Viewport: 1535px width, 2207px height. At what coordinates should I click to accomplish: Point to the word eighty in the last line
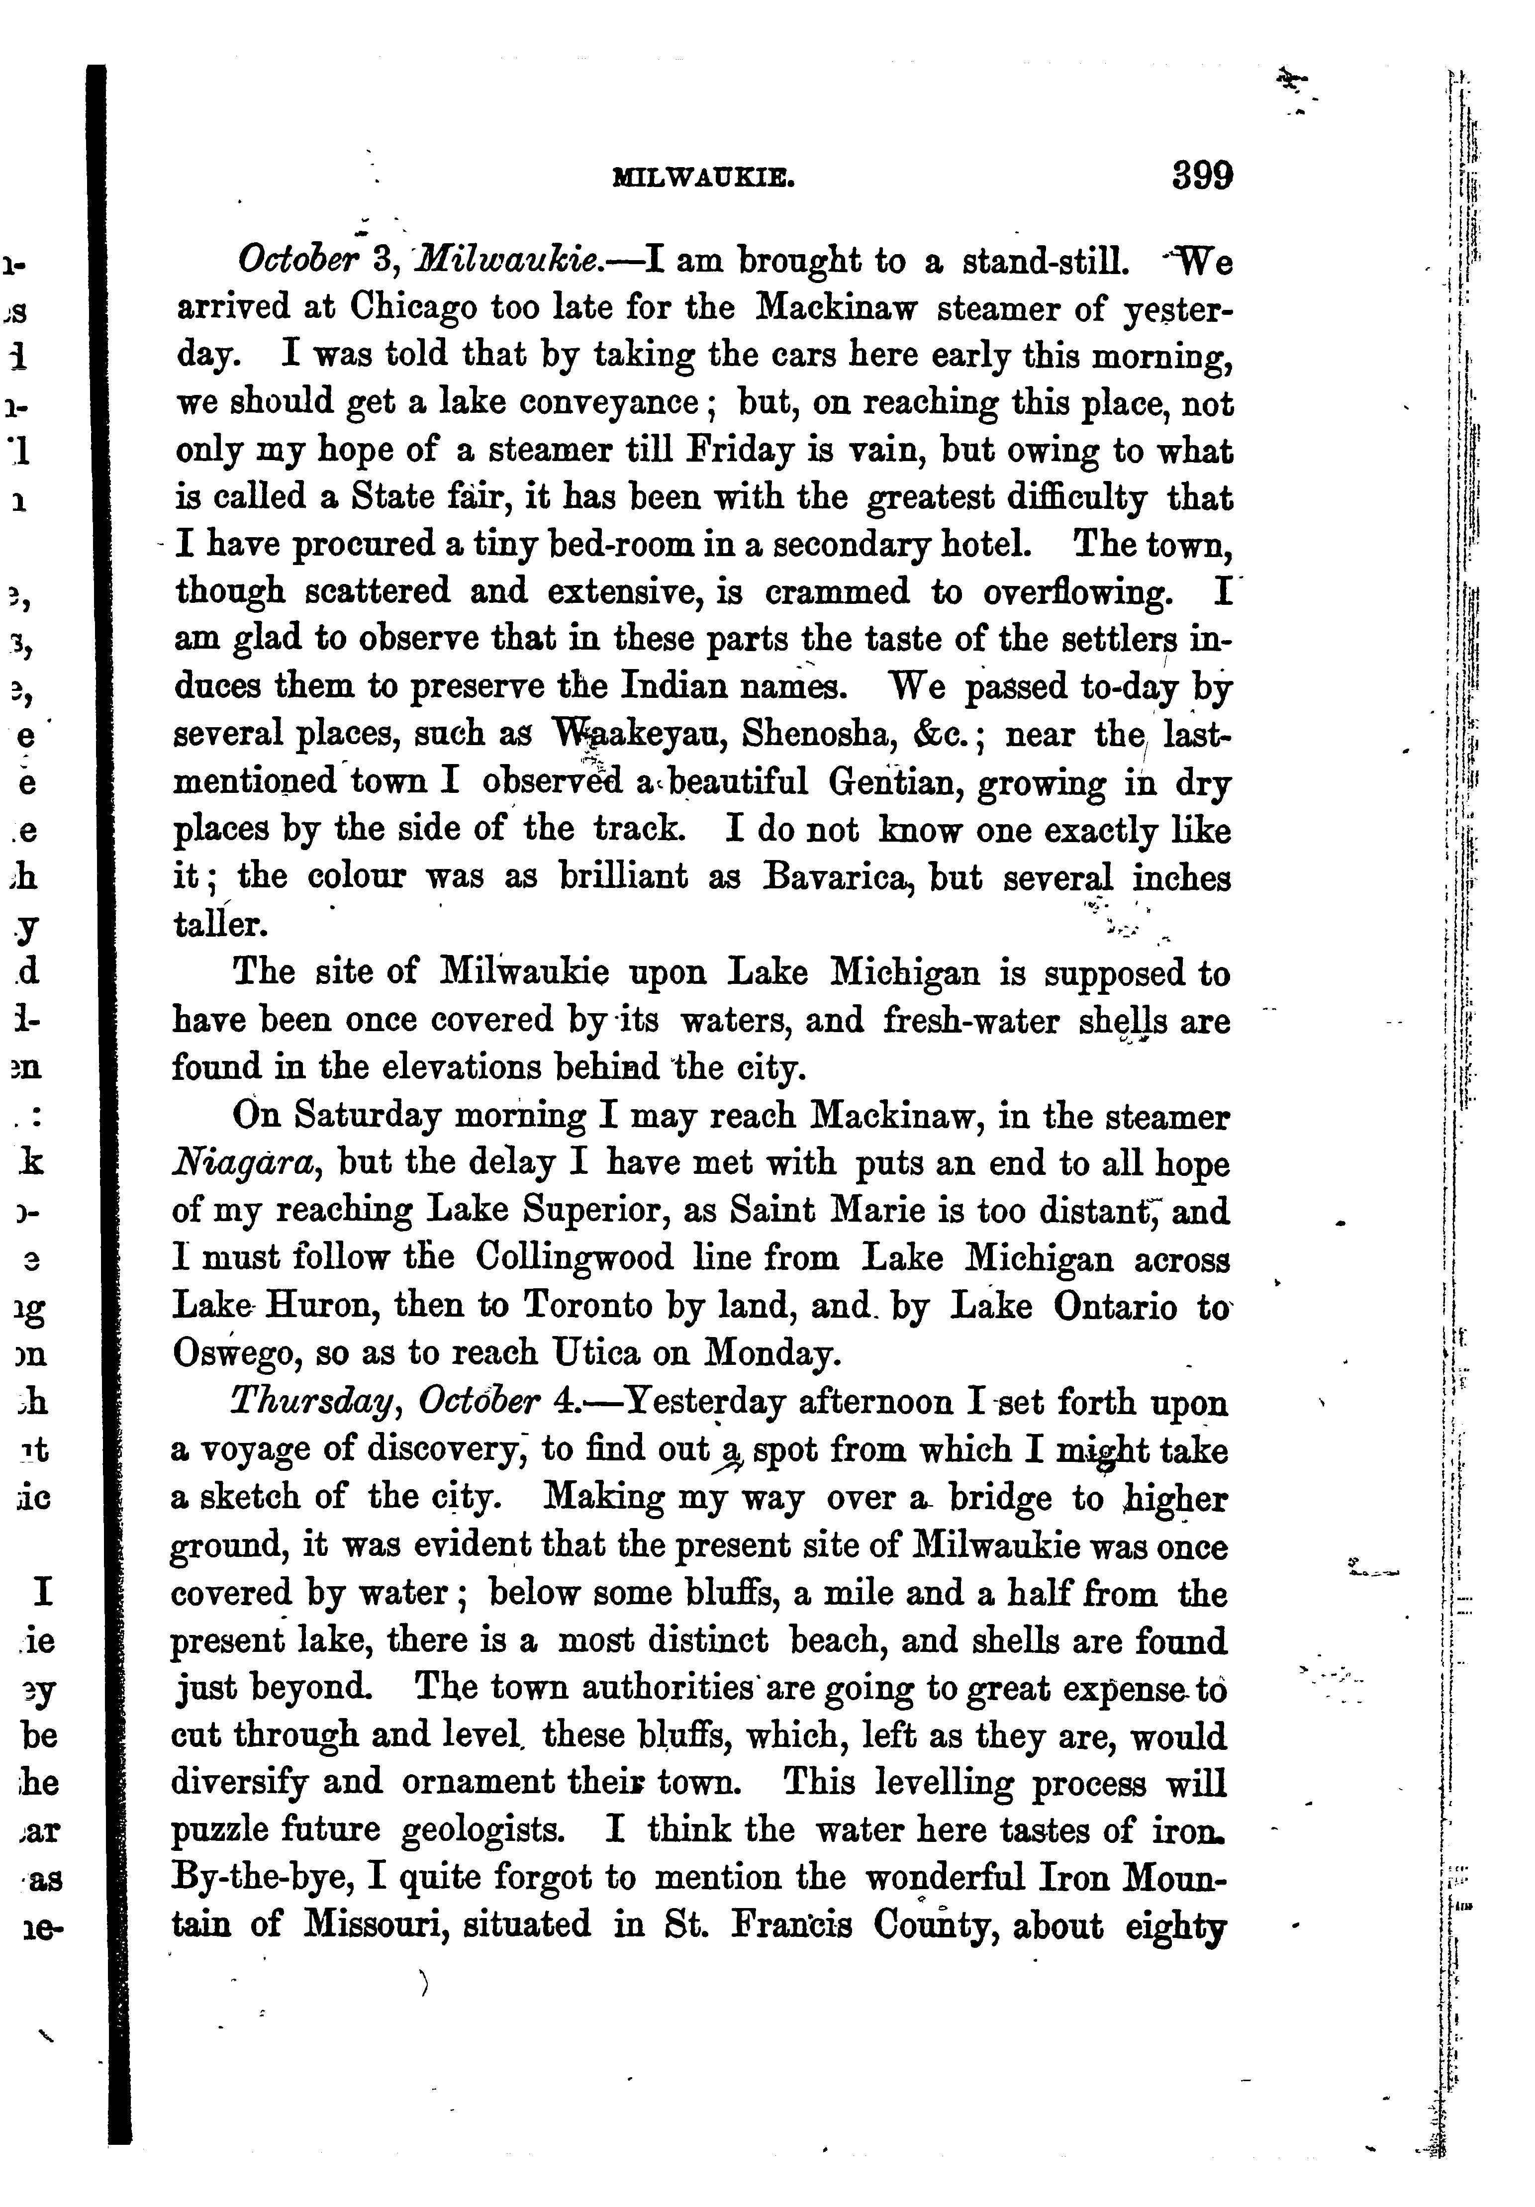point(1173,1925)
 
